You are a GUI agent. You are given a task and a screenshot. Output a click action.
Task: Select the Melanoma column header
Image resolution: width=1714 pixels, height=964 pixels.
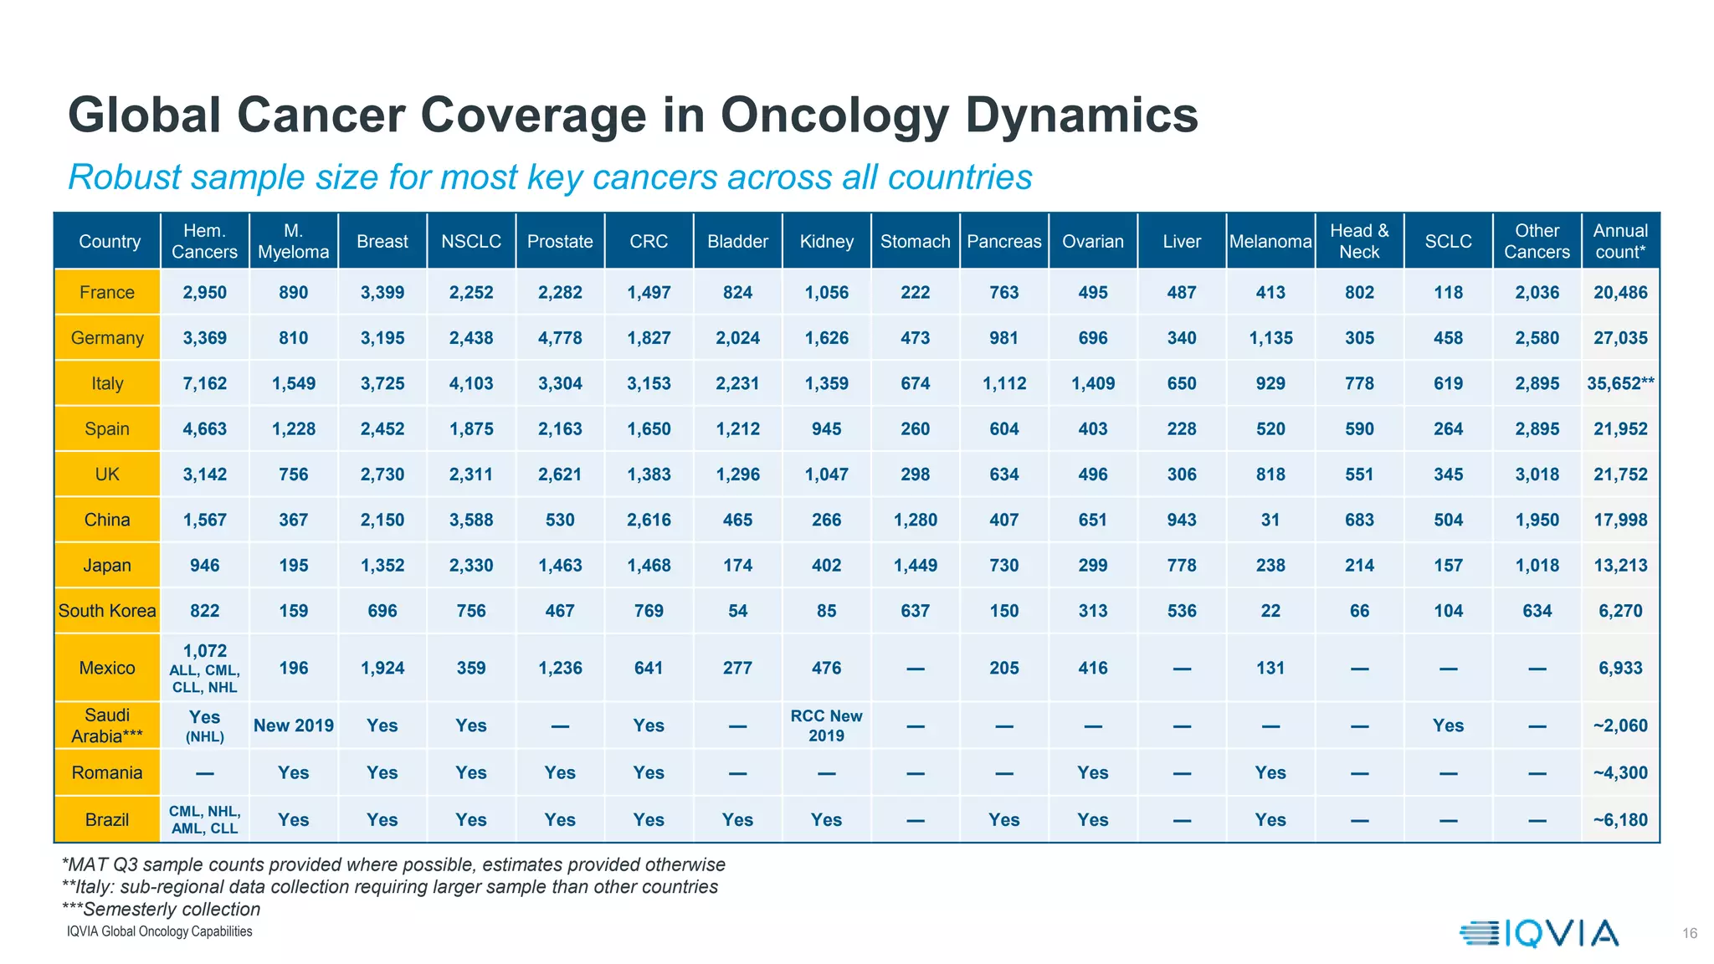[1270, 241]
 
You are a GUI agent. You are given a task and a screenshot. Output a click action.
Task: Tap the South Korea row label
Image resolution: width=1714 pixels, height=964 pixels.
[107, 611]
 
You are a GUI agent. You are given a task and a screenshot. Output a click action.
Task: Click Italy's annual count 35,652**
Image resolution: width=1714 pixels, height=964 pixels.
[1619, 383]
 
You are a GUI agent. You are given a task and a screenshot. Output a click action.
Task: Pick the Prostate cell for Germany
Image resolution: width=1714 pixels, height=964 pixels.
[560, 338]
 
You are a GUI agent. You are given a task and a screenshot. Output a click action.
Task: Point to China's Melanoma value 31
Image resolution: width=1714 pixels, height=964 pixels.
[1270, 520]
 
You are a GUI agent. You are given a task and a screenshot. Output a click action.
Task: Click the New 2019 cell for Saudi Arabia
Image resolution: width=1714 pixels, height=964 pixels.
[294, 726]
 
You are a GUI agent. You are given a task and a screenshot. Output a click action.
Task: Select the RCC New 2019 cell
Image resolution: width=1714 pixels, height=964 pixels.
[826, 726]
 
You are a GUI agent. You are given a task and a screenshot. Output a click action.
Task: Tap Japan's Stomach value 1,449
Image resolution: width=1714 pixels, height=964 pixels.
[915, 566]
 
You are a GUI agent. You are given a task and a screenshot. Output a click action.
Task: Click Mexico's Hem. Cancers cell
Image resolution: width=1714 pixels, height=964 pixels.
[205, 667]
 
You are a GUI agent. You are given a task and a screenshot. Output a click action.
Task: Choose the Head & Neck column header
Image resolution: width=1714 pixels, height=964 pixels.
[1359, 241]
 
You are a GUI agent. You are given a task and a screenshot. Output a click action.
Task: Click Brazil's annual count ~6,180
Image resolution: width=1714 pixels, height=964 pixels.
[1619, 820]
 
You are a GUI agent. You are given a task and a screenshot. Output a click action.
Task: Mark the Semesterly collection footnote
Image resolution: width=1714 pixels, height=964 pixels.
[161, 909]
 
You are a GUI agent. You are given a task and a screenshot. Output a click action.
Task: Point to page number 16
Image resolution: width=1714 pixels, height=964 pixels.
[1689, 933]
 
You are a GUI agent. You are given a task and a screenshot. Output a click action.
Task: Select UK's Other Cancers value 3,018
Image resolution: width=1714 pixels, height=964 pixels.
[1537, 474]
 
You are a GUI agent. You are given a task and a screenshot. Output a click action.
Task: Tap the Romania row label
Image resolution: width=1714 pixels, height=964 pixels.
[107, 772]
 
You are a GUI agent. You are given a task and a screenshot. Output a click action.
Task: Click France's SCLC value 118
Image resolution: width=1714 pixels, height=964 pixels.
[1448, 293]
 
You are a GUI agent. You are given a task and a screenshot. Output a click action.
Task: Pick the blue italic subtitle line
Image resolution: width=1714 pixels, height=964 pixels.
[550, 177]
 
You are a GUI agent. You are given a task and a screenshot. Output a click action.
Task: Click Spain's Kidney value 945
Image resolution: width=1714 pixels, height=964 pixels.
[826, 429]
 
